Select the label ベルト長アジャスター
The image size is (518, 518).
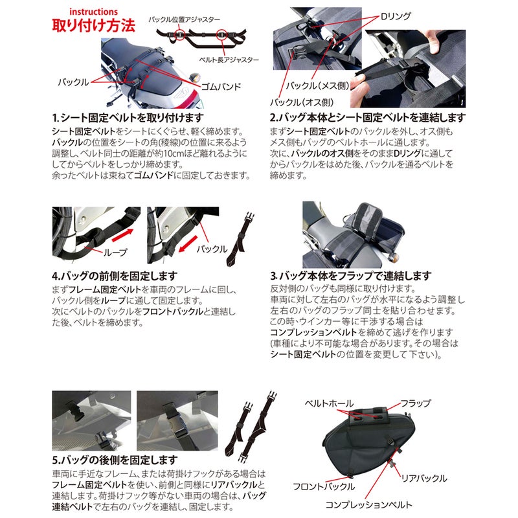(231, 60)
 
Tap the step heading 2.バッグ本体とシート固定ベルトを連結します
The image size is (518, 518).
(367, 118)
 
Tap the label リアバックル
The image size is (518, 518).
(425, 478)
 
